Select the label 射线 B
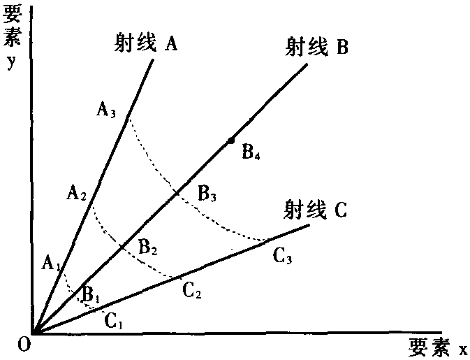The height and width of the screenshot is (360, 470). point(316,47)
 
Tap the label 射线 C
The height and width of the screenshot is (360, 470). point(316,209)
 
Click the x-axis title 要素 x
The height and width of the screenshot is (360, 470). point(438,348)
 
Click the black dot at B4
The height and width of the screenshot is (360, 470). point(230,141)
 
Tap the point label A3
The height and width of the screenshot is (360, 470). point(106,110)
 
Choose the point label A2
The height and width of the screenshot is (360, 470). point(76,193)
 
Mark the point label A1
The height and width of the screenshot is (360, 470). point(52,263)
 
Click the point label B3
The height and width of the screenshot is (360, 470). point(207,194)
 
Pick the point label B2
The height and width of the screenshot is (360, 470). point(148,247)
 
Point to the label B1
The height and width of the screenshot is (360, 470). point(90,294)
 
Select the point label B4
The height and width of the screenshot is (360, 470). point(251,152)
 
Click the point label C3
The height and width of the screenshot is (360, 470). point(282,257)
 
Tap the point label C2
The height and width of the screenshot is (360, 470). point(191,291)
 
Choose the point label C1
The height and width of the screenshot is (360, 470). point(113,321)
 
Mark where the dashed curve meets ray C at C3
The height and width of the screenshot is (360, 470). point(265,240)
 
